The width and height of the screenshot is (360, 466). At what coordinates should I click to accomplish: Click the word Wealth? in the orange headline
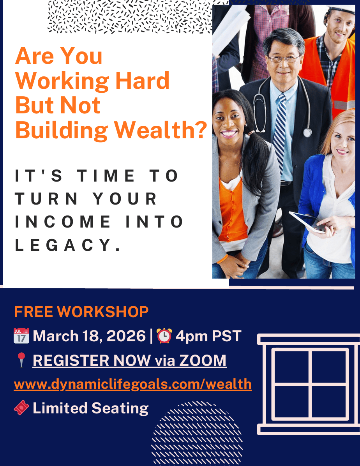click(x=161, y=130)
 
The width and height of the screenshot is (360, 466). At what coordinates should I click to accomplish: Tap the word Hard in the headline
click(x=142, y=80)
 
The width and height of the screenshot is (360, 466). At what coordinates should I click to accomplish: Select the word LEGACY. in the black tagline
click(x=68, y=245)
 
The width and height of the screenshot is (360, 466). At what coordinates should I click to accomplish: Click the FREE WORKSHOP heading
click(x=81, y=312)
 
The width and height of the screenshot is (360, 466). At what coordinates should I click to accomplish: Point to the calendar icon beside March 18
click(x=21, y=336)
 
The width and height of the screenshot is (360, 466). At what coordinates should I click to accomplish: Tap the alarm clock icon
click(x=164, y=336)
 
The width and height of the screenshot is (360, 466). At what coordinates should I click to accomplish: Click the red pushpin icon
click(x=21, y=360)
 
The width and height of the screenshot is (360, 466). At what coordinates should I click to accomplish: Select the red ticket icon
click(x=21, y=408)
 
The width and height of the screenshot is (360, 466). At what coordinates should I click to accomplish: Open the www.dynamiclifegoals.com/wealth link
click(x=132, y=384)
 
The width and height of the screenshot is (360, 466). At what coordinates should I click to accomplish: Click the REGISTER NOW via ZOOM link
click(x=130, y=360)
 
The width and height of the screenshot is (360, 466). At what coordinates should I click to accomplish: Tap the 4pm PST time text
click(x=208, y=336)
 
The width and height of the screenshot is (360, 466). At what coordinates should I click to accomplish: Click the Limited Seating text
click(x=90, y=408)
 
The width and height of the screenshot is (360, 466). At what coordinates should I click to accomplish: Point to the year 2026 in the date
click(x=126, y=336)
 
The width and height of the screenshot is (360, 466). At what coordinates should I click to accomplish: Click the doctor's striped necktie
click(x=280, y=134)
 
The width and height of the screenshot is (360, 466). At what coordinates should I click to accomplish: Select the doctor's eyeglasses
click(x=284, y=59)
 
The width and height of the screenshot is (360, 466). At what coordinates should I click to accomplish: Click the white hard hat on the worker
click(x=341, y=9)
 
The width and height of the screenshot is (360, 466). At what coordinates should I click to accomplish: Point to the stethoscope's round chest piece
click(x=307, y=132)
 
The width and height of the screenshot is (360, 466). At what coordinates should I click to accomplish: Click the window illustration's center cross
click(x=310, y=384)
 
